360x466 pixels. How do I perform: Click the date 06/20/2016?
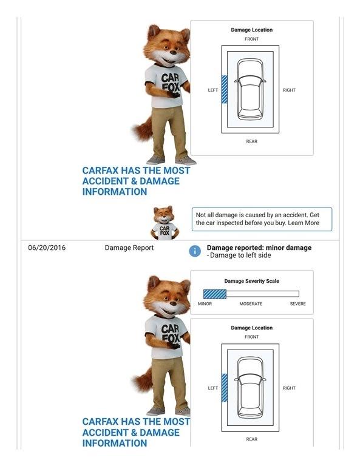click(47, 248)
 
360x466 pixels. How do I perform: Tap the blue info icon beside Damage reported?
click(195, 251)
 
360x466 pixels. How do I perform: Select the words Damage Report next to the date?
click(129, 248)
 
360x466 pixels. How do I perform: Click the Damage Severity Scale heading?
click(251, 281)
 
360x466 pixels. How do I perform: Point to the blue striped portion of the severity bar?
click(215, 294)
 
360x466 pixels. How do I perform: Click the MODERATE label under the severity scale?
click(251, 304)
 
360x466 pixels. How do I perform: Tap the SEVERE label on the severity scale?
click(297, 304)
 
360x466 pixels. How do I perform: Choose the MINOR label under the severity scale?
click(205, 304)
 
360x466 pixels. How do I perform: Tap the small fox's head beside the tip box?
click(163, 215)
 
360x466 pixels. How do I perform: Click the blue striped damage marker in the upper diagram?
click(225, 89)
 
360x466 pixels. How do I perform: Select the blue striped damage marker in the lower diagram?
click(225, 388)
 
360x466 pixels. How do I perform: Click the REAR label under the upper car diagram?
click(251, 141)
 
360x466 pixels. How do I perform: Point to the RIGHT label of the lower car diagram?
click(289, 388)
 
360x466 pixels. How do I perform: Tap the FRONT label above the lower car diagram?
click(251, 337)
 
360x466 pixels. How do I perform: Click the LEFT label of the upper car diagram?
click(213, 90)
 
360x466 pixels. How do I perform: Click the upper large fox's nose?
click(173, 53)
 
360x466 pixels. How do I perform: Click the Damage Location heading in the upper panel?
click(251, 30)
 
